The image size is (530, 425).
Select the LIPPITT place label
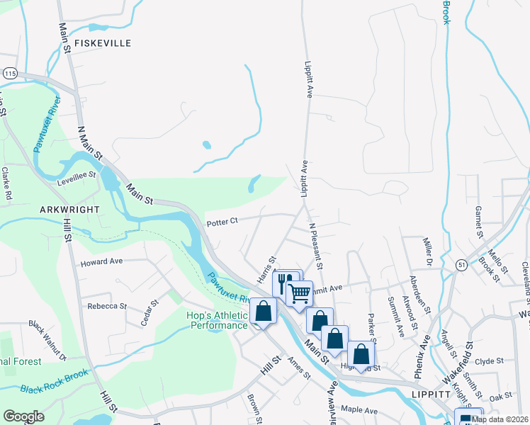coord(434,394)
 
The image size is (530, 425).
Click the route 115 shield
coord(10,73)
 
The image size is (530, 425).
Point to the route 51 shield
coord(461,264)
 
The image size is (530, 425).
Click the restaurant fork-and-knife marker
coord(286,283)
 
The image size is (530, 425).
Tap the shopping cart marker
coord(300,292)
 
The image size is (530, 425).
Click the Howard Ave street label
coord(101,261)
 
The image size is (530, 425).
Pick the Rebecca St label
coord(106,307)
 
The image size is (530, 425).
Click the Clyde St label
coord(489,361)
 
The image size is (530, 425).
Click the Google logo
coord(23,416)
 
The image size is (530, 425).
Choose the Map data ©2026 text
coord(500,419)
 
